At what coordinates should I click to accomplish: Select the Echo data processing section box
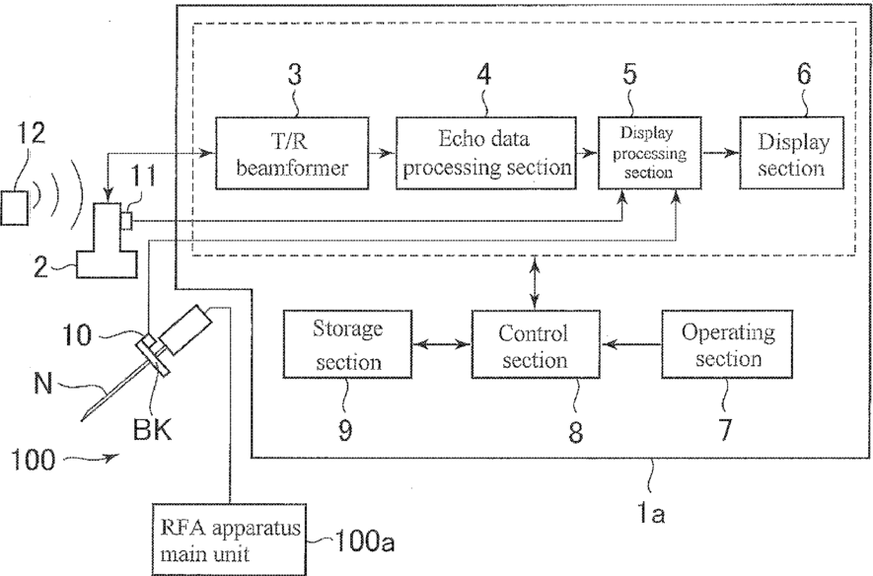click(486, 154)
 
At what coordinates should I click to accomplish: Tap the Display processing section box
click(646, 154)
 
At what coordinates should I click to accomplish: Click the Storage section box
click(346, 344)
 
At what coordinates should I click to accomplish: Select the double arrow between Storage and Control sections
click(440, 344)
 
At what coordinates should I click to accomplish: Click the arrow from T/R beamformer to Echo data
click(382, 154)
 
